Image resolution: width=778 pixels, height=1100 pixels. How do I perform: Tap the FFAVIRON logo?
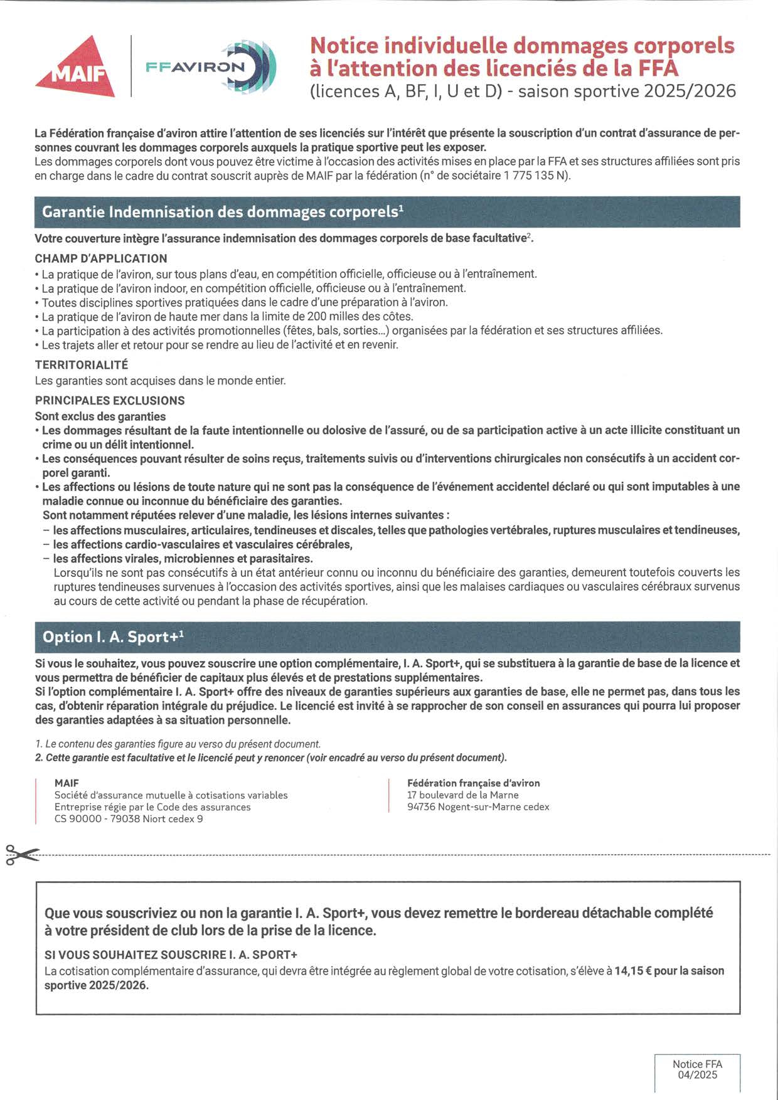pos(210,66)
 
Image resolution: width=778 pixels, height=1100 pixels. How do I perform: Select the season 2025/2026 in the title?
pos(690,92)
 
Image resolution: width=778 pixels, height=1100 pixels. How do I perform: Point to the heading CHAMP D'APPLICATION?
pos(101,258)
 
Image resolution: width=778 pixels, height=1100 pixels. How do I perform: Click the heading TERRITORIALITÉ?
pos(82,365)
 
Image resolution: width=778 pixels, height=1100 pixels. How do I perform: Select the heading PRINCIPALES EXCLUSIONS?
pos(110,401)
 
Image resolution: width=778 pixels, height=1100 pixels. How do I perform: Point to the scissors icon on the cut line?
pos(21,855)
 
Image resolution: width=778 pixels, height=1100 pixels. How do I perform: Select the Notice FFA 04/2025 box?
pos(697,1070)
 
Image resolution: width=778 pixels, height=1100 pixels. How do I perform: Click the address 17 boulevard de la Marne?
pos(463,795)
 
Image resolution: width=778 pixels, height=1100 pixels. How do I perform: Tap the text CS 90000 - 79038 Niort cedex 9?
pos(129,819)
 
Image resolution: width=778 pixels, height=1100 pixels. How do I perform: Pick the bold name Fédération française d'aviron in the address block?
pos(474,783)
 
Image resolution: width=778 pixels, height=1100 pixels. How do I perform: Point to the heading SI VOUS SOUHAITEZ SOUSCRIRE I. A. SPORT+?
pos(171,955)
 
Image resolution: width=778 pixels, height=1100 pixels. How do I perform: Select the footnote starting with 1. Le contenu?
pos(178,744)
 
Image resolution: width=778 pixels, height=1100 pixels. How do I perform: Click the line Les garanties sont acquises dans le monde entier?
pos(161,381)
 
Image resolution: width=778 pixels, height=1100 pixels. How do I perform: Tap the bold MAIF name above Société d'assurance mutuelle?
pos(67,783)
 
